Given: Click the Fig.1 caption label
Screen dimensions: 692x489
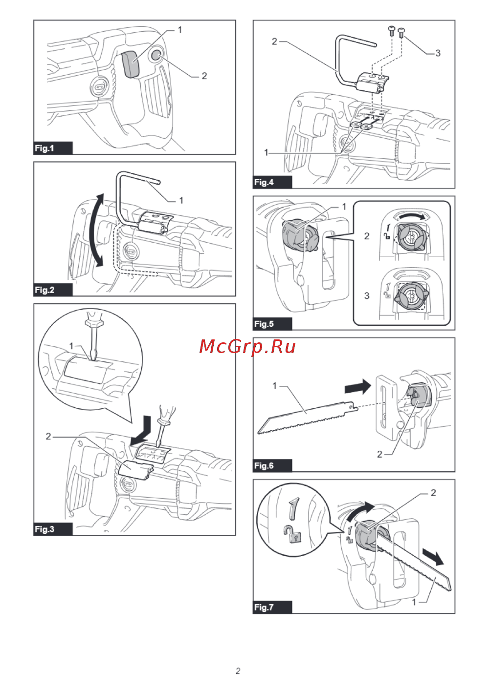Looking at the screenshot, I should click(44, 148).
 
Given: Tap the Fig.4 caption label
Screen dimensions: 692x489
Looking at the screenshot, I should click(264, 182).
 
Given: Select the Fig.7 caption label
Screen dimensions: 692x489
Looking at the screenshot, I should click(264, 607).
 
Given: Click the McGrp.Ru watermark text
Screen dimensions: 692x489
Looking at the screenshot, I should click(247, 346).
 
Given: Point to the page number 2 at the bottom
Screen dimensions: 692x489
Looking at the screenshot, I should click(238, 671).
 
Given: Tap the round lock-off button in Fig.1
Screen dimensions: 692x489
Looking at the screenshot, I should click(156, 54).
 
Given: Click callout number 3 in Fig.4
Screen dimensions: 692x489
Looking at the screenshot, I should click(438, 53).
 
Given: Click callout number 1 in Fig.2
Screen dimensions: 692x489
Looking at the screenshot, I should click(181, 200).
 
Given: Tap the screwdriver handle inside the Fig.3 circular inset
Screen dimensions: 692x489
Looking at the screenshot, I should click(93, 320).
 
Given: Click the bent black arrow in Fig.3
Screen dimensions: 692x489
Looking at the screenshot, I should click(143, 430).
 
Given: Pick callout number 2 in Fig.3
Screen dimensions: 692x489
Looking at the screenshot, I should click(48, 436).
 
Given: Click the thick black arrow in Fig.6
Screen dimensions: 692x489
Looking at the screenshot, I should click(358, 387).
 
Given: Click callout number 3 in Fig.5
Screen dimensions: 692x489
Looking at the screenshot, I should click(367, 295).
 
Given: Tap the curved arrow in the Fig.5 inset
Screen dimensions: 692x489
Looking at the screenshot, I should click(411, 215).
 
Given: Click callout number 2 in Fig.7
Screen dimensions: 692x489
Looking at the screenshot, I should click(433, 493).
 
